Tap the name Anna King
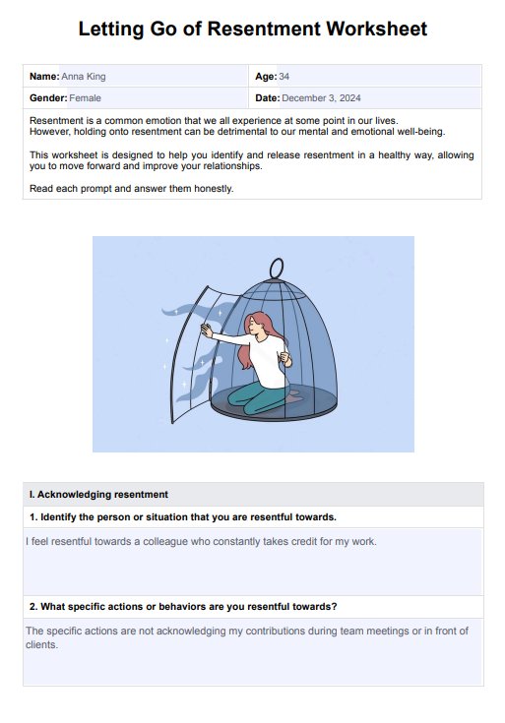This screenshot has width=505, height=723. coord(84,77)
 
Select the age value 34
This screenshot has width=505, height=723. coord(284,77)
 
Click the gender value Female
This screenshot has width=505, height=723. coord(85,98)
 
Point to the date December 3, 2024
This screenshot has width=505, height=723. coord(321,98)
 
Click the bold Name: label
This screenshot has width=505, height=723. coord(44,77)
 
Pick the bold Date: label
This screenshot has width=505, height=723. coord(268,98)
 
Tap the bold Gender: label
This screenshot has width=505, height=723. coord(48,98)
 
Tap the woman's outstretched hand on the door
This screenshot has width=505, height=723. coord(207,331)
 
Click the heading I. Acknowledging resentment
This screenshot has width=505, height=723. coord(98,494)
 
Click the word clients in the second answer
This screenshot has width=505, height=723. coord(42,644)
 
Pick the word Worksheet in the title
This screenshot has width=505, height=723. coord(377,29)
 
